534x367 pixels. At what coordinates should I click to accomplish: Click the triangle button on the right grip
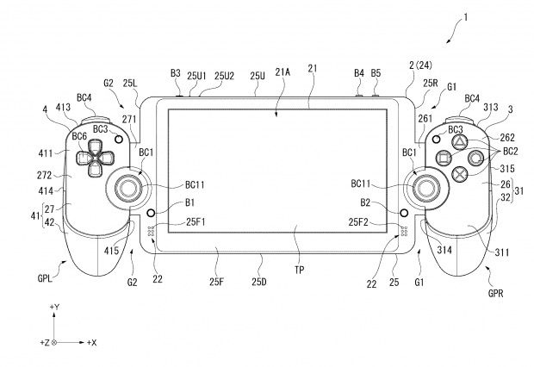459,141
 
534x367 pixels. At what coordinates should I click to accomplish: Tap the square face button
444,158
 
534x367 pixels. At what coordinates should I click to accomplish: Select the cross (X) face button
459,174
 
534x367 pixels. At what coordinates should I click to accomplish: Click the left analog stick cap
128,188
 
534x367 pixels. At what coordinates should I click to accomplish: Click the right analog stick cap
426,188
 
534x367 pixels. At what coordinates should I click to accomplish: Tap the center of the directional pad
95,159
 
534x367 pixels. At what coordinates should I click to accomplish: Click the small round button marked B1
151,213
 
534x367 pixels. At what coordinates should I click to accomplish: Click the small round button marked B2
404,213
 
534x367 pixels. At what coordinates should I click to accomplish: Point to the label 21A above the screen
283,72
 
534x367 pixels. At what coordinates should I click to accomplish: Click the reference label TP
300,271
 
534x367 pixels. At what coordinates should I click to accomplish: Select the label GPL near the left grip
45,278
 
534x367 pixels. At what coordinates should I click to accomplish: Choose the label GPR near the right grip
495,293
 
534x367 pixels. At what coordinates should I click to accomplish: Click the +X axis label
91,343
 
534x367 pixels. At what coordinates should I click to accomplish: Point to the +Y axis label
54,307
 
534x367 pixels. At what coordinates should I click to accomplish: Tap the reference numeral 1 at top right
466,17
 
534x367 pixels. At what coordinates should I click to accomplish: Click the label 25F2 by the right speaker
358,222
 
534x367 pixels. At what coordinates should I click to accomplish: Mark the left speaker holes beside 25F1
152,231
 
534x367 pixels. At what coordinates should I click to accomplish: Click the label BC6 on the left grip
80,136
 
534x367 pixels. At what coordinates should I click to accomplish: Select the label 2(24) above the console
420,65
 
